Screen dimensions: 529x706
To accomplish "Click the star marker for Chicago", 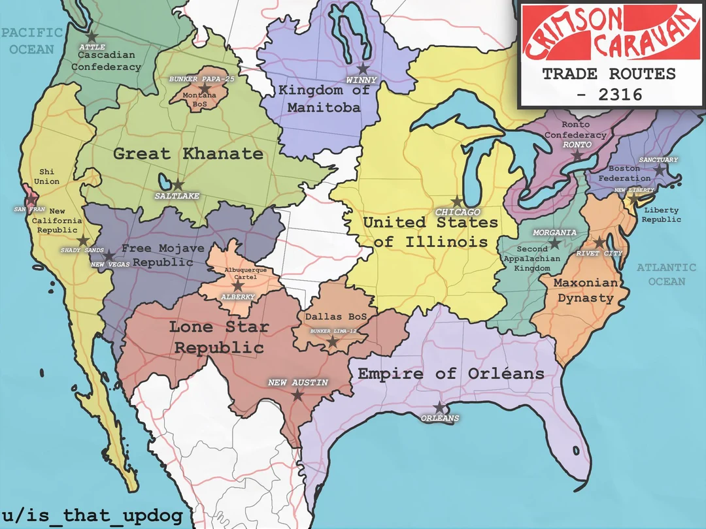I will [x=457, y=202].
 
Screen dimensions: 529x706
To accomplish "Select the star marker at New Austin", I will [x=297, y=394].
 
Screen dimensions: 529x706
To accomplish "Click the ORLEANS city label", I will [x=440, y=418].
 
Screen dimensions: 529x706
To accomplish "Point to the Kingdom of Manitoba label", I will [x=324, y=98].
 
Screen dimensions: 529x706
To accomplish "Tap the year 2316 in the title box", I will [x=609, y=94].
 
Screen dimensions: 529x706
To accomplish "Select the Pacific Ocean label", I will [x=31, y=40].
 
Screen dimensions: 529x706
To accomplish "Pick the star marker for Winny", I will [x=362, y=69].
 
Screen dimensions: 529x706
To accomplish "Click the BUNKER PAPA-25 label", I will [x=201, y=79].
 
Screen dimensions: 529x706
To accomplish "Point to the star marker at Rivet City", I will [x=599, y=242].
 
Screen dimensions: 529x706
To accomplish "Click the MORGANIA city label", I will [x=554, y=232].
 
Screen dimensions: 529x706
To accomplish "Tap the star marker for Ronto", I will [x=577, y=155].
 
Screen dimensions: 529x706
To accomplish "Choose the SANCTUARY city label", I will [x=658, y=160].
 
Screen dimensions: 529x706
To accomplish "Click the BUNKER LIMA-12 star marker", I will [x=332, y=342].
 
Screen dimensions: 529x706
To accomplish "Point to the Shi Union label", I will [x=46, y=176].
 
